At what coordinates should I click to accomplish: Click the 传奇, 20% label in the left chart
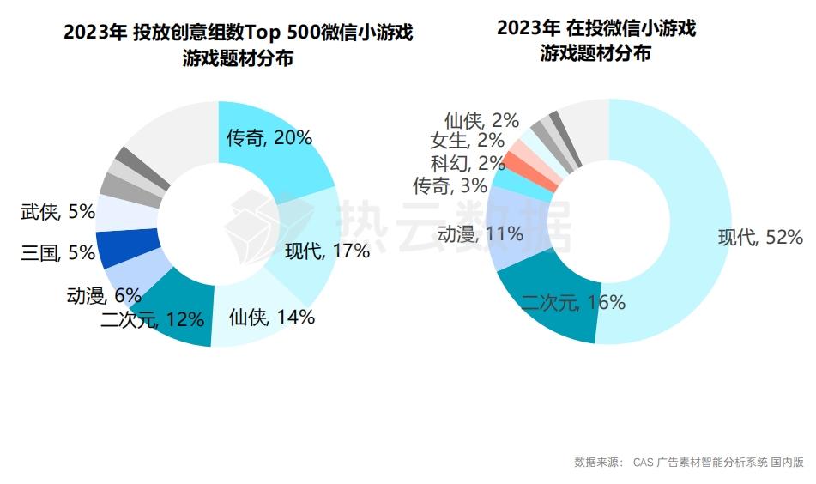(269, 137)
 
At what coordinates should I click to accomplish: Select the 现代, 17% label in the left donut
(327, 251)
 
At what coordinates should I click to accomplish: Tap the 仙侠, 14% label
(272, 317)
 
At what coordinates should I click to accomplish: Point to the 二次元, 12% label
(153, 320)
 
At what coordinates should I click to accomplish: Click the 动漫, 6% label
(103, 296)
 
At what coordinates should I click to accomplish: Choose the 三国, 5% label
(57, 253)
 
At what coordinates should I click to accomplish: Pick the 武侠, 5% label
(57, 211)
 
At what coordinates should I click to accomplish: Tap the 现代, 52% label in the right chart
(760, 238)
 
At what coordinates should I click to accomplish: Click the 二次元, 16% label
(573, 302)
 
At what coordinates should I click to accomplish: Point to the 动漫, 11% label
(480, 234)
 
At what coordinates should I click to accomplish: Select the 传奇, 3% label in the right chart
(450, 185)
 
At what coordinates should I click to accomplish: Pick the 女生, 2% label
(468, 141)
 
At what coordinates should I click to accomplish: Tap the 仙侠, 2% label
(482, 120)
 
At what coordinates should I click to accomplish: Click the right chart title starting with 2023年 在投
(595, 40)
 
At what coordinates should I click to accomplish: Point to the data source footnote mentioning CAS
(688, 463)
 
